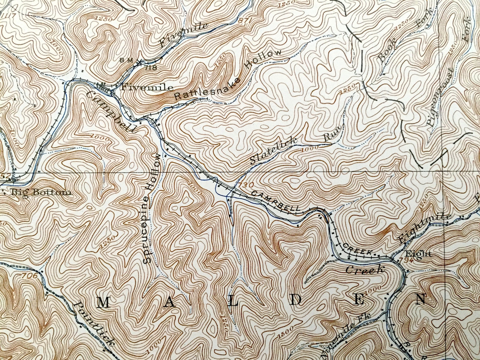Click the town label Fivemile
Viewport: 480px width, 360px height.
pyautogui.click(x=148, y=88)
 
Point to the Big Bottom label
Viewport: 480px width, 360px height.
pyautogui.click(x=41, y=193)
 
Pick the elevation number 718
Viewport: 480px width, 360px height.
pyautogui.click(x=151, y=68)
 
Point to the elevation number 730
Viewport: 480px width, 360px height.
pyautogui.click(x=244, y=185)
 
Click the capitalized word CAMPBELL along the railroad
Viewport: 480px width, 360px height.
pyautogui.click(x=275, y=200)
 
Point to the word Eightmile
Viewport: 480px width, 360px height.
pyautogui.click(x=424, y=228)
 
